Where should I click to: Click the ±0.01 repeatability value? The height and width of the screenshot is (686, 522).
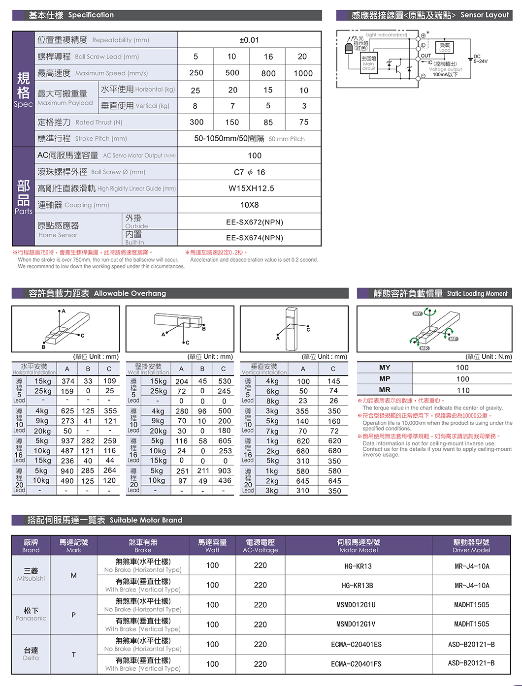[249, 40]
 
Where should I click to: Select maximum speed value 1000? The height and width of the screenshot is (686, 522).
[303, 73]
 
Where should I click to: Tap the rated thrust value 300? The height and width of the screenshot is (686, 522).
[196, 122]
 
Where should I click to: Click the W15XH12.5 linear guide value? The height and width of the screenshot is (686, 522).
[251, 188]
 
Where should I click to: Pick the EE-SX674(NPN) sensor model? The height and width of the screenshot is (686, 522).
[255, 238]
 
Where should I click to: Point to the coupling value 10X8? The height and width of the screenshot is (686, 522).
[250, 205]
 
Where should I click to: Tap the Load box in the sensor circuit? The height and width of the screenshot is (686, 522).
[445, 47]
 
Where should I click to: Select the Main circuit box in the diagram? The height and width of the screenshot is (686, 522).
[369, 63]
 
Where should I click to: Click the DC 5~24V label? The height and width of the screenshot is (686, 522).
[480, 59]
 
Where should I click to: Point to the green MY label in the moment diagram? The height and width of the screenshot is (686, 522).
[418, 313]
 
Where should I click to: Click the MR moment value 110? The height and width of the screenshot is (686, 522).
[463, 390]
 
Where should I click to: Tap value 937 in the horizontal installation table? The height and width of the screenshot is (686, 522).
[67, 441]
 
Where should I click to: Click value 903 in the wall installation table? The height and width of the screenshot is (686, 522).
[224, 471]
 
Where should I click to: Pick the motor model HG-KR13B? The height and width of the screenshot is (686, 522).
[358, 586]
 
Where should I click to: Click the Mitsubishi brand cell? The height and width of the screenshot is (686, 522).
[31, 574]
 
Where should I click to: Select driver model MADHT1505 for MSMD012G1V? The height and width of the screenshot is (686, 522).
[471, 624]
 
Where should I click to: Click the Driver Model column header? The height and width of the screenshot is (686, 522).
[471, 546]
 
